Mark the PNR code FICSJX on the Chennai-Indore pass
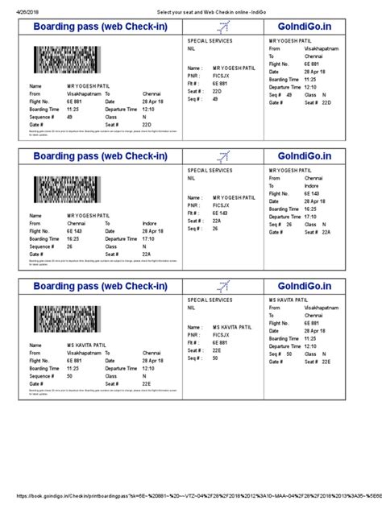click(222, 205)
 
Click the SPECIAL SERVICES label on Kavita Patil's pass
click(210, 299)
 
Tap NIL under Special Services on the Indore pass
click(192, 179)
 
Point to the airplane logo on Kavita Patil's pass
click(225, 283)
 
